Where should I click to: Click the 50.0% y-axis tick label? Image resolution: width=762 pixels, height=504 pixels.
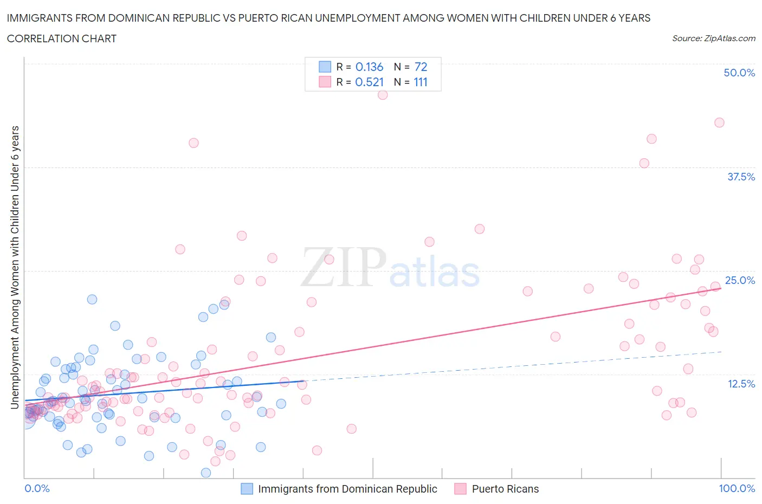739,73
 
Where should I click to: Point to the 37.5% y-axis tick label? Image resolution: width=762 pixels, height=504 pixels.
741,177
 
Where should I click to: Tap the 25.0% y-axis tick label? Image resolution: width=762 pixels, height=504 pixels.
740,280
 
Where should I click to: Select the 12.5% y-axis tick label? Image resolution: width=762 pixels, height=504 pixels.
741,384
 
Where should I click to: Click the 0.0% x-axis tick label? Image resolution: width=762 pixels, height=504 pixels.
37,488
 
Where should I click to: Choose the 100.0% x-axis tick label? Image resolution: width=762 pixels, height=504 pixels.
737,488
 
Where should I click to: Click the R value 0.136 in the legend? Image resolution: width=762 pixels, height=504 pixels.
369,67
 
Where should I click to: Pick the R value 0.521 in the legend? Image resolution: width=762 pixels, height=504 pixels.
369,82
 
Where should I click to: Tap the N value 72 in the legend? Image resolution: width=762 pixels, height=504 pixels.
421,67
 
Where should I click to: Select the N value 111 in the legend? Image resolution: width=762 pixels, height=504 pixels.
421,82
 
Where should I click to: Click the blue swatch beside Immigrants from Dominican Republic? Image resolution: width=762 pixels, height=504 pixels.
247,489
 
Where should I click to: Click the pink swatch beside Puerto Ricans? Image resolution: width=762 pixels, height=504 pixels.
460,489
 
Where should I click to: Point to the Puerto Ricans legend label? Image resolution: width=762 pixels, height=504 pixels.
505,489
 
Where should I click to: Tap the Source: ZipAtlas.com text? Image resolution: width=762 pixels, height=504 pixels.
713,38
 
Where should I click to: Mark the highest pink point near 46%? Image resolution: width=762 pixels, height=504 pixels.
383,95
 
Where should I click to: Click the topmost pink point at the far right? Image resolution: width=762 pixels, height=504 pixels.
719,122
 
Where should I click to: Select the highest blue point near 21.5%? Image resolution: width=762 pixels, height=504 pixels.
92,299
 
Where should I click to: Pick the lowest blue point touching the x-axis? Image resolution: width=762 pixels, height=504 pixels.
206,473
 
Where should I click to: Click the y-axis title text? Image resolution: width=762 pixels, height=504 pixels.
15,267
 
